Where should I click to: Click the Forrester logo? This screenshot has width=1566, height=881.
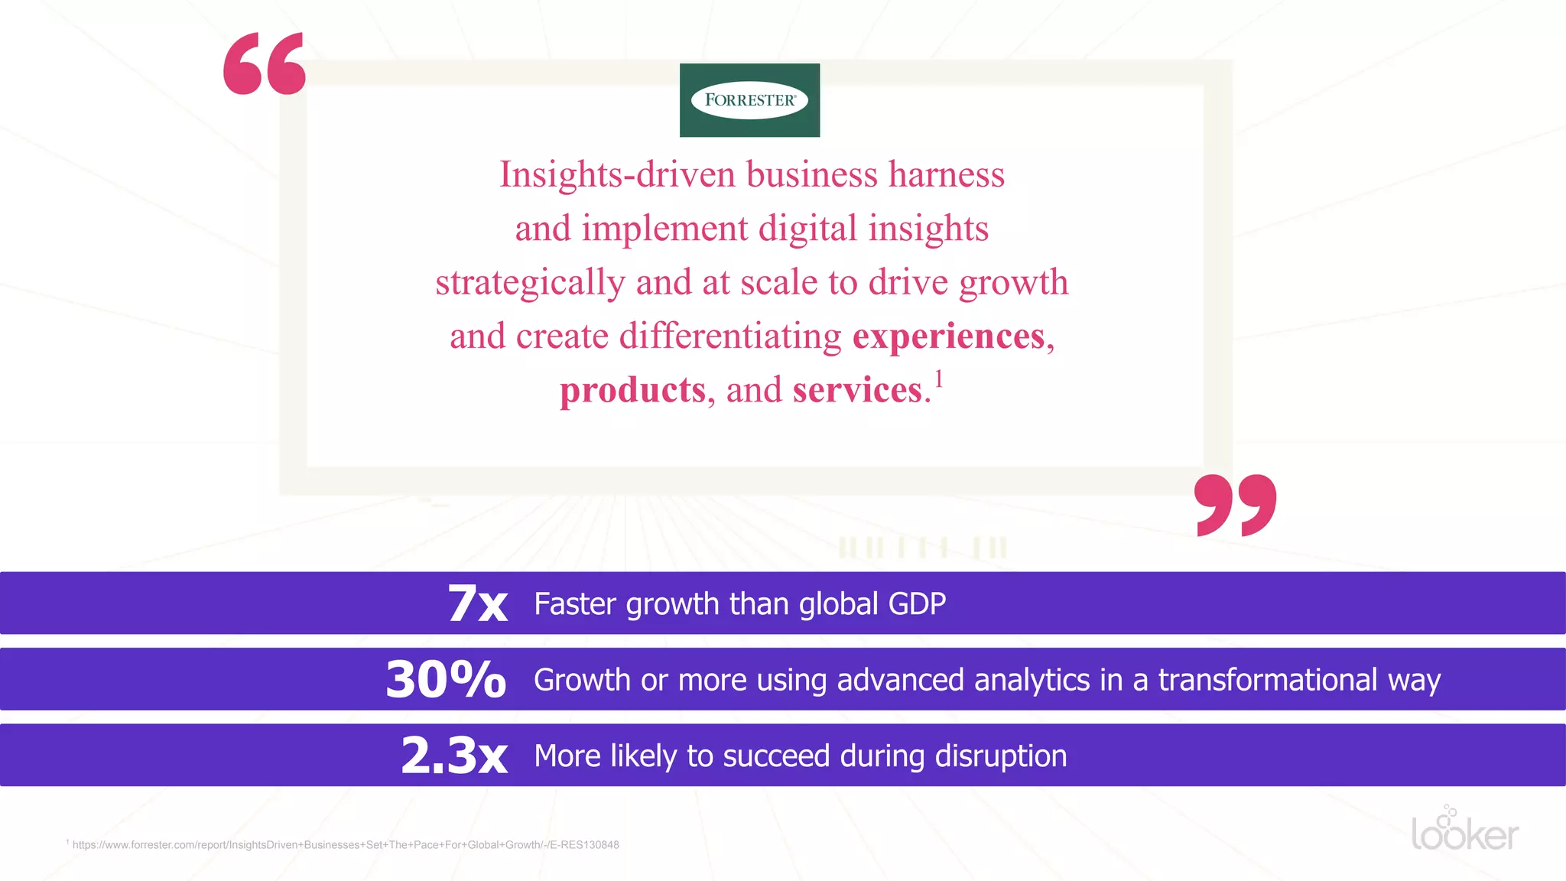tap(749, 100)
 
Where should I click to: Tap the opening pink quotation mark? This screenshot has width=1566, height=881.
tap(265, 63)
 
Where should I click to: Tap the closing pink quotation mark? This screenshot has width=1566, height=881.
tap(1235, 505)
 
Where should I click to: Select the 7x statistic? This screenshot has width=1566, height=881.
tap(478, 603)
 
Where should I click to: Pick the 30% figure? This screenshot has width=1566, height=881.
tap(446, 679)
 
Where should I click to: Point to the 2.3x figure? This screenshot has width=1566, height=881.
tap(454, 756)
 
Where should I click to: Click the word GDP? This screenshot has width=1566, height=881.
tap(918, 604)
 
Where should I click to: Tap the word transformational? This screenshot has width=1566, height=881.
tap(1268, 680)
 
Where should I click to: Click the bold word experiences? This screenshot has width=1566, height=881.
tap(948, 336)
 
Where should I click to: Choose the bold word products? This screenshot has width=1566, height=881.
tap(632, 390)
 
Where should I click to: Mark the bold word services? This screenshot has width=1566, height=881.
tap(857, 390)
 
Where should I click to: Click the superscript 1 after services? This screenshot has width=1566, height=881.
tap(939, 379)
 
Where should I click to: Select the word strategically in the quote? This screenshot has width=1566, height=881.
tap(530, 282)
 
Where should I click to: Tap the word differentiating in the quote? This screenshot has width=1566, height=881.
tap(730, 336)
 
